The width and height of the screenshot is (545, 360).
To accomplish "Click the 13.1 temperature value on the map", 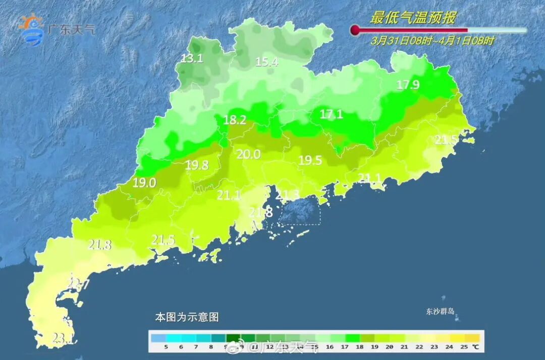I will click(192, 59).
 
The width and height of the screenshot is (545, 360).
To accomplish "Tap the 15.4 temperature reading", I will click(267, 62).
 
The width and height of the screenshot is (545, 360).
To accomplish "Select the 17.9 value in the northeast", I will click(408, 85).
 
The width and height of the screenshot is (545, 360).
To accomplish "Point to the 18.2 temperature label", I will click(235, 120).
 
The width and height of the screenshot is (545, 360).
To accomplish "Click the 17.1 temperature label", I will click(332, 115).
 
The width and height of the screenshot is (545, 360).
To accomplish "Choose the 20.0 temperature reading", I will click(249, 155).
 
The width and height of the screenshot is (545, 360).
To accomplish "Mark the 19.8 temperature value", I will click(197, 165).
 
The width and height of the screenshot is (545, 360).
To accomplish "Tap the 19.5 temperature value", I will click(310, 160).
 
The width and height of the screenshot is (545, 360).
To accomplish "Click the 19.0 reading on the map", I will click(145, 183).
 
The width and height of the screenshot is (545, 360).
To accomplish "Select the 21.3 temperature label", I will click(288, 195).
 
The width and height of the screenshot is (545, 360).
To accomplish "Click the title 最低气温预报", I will click(413, 18).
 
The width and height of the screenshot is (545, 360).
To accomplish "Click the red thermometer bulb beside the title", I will click(355, 30).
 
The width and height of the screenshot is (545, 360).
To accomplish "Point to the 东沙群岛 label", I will click(441, 312).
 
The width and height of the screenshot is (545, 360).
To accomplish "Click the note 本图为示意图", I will click(187, 318).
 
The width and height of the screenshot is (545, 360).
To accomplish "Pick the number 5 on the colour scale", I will click(166, 347).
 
